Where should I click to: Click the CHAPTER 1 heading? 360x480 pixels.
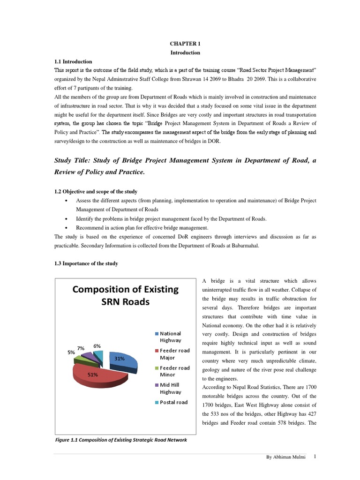(x=185, y=44)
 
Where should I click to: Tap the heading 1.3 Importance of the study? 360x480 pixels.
(x=86, y=263)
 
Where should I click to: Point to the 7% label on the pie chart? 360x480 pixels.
(x=81, y=348)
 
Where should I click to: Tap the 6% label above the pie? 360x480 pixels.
(x=97, y=345)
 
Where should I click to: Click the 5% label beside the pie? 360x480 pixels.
(x=71, y=352)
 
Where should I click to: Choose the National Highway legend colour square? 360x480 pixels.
(x=157, y=334)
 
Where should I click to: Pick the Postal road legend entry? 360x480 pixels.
(x=173, y=402)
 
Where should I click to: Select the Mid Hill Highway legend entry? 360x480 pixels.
(x=171, y=388)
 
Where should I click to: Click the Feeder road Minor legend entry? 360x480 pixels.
(x=174, y=371)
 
